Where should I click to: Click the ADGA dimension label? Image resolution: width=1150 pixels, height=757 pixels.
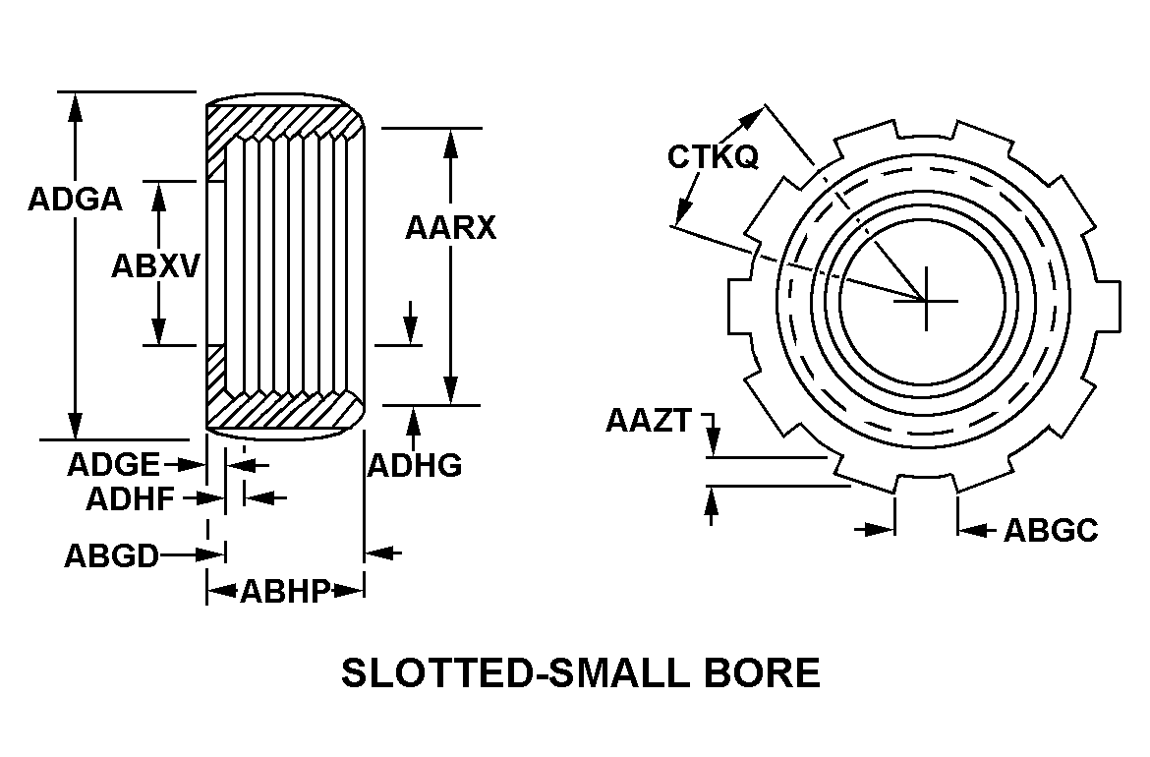click(x=75, y=200)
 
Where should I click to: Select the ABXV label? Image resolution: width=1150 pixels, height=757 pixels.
click(x=155, y=266)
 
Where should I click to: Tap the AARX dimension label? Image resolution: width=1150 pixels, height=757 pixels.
click(x=451, y=227)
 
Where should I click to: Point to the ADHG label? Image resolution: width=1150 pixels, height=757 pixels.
click(x=415, y=465)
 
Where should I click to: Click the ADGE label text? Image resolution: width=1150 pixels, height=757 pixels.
click(x=114, y=465)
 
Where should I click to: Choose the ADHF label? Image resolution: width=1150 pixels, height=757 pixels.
click(x=131, y=499)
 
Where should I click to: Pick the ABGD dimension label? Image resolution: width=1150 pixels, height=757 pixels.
click(x=111, y=556)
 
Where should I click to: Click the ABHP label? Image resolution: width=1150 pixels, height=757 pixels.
click(x=285, y=591)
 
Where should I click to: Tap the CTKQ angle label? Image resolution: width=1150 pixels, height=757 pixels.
click(x=713, y=156)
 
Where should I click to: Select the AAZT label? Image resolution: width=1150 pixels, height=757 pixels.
click(x=649, y=421)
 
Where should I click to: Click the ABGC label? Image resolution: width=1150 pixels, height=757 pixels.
click(x=1051, y=530)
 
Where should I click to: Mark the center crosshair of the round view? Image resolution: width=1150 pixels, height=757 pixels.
click(x=927, y=300)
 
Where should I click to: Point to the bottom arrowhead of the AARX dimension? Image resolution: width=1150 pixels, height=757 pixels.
click(x=451, y=390)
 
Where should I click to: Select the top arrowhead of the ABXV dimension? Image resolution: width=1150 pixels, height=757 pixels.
click(x=157, y=195)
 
